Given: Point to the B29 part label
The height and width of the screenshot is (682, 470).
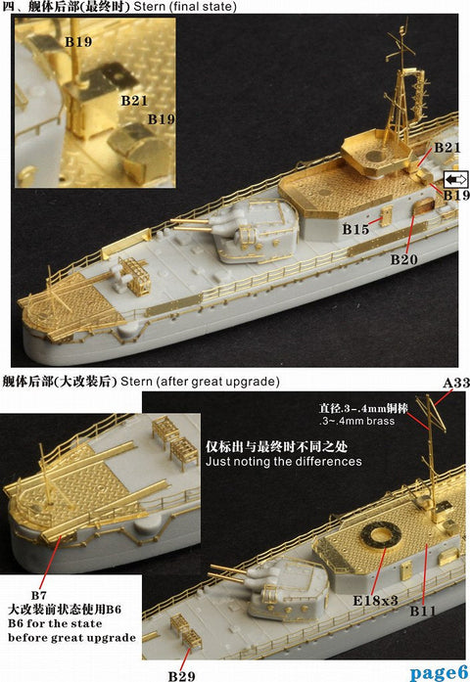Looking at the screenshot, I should click(x=181, y=675).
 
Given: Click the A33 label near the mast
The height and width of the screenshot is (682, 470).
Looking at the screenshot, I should click(x=453, y=385).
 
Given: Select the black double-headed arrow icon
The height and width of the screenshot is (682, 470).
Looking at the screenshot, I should click(x=456, y=179).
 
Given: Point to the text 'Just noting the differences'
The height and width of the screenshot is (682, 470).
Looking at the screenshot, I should click(x=283, y=461).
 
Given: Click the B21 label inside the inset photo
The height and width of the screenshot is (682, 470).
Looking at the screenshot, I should click(x=133, y=101).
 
